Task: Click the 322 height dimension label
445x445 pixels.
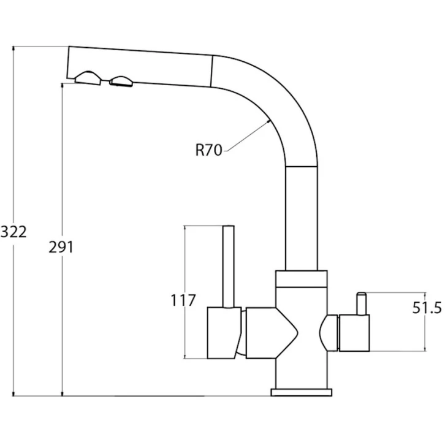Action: [x=13, y=232]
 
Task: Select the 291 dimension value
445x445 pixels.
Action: [x=61, y=247]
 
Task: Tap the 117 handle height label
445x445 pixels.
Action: [x=183, y=300]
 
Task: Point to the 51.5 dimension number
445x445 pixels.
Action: [x=427, y=308]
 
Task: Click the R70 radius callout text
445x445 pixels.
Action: [x=208, y=150]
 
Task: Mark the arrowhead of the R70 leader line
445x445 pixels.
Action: [x=268, y=121]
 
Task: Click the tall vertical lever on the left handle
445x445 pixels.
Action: [x=229, y=267]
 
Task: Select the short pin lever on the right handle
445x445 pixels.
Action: [x=362, y=303]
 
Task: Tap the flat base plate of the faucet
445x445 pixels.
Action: [x=302, y=392]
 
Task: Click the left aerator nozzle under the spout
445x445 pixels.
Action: [x=88, y=78]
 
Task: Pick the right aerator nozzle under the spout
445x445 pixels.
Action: [x=121, y=81]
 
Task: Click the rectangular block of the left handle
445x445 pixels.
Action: [x=224, y=333]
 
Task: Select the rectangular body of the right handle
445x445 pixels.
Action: [x=354, y=333]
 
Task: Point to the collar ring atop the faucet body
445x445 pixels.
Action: [x=302, y=279]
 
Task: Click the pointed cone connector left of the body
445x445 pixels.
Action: [x=272, y=333]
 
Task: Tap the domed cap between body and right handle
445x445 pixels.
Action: [x=329, y=333]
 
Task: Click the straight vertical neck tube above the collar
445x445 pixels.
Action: [x=302, y=218]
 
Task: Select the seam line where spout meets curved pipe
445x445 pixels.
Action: [x=211, y=71]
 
